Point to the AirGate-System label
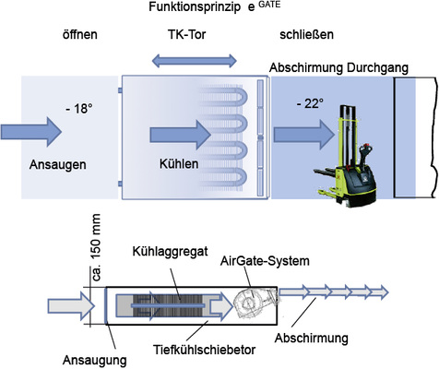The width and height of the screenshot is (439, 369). click(268, 262)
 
